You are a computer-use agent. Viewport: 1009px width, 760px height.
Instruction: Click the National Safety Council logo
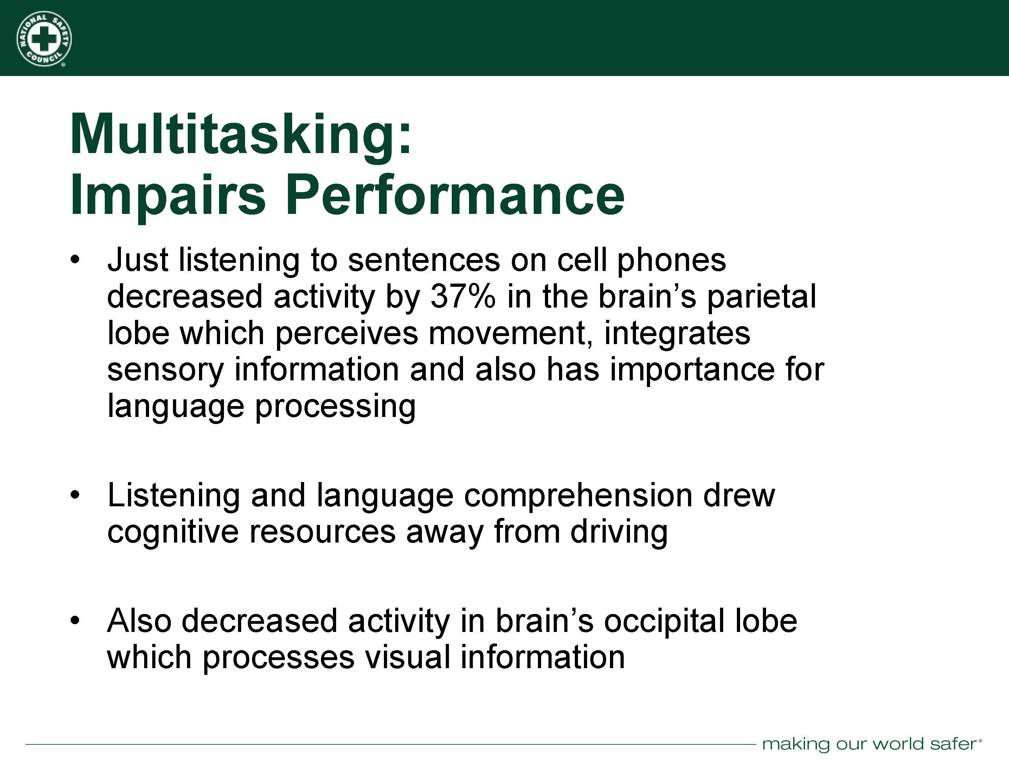click(x=44, y=39)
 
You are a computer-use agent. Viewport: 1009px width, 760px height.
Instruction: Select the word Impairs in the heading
click(x=168, y=195)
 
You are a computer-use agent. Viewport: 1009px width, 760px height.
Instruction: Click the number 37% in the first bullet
click(x=463, y=297)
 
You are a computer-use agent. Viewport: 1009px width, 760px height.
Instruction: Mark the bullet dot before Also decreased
click(x=75, y=620)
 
